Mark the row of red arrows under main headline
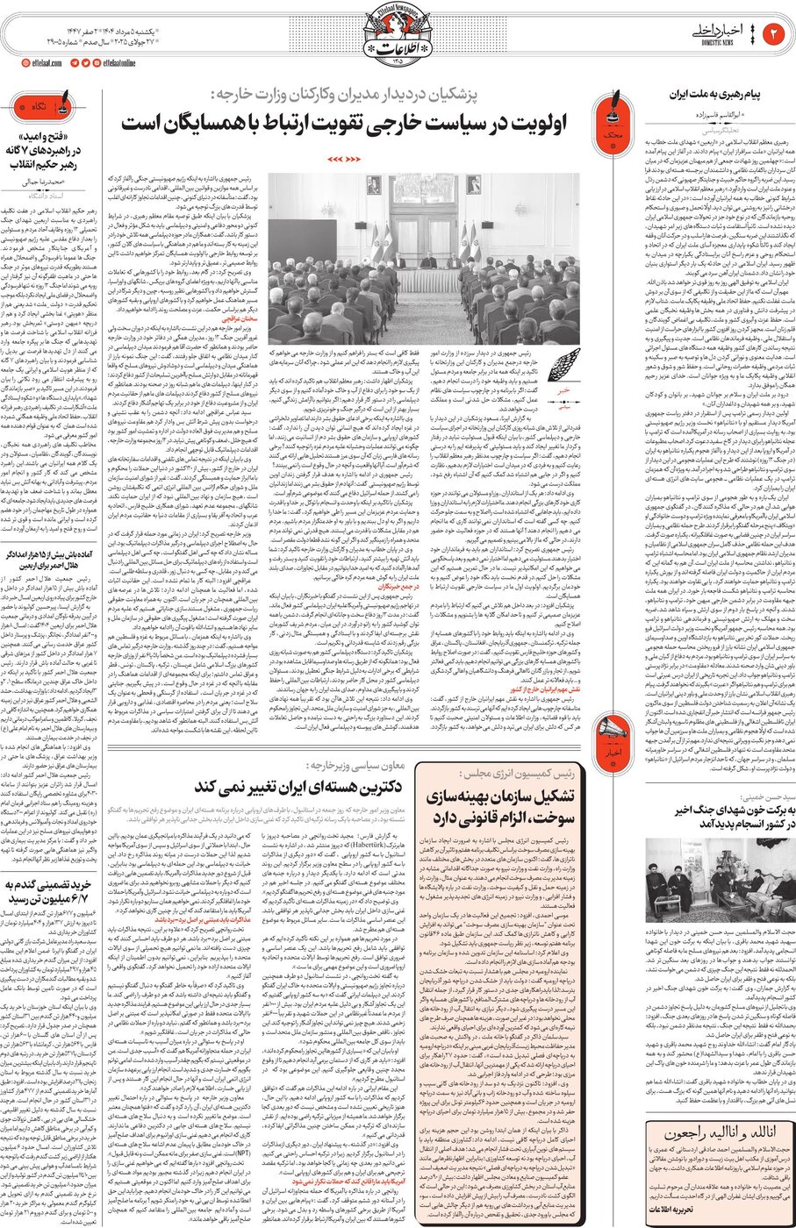click(x=344, y=160)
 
